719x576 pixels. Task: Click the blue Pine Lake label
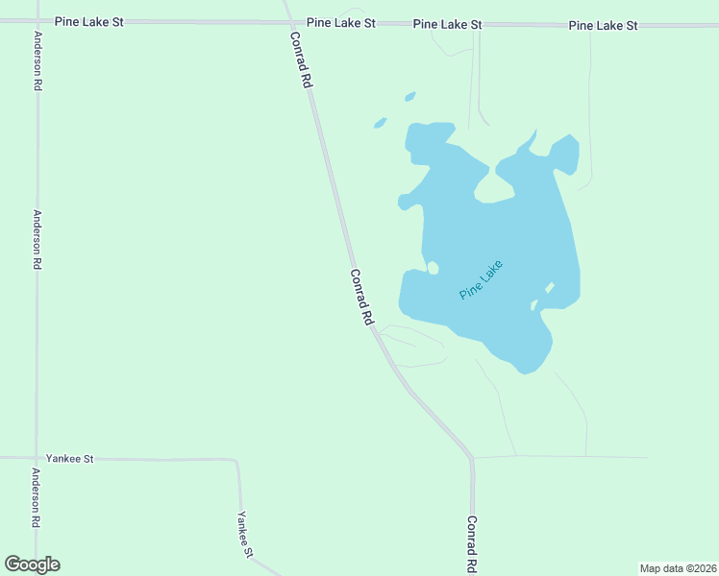[x=482, y=279]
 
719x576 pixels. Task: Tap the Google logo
[x=32, y=564]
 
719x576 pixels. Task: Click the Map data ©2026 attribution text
[x=678, y=568]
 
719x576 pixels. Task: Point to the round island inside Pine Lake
[x=433, y=268]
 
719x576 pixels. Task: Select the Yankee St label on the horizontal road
[x=69, y=459]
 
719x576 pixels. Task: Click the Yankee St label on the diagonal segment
[x=246, y=534]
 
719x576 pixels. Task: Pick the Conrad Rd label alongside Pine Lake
[x=360, y=298]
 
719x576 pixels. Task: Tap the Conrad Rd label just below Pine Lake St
[x=301, y=60]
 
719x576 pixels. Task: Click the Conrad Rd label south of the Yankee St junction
[x=472, y=544]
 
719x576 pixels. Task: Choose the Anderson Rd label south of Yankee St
[x=37, y=497]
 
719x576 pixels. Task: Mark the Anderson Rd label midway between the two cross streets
[x=37, y=239]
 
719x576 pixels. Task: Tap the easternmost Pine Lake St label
[x=603, y=25]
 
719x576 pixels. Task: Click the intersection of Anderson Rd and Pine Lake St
[x=37, y=21]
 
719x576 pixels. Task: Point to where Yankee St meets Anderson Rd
[x=37, y=459]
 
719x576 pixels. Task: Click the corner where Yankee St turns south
[x=236, y=462]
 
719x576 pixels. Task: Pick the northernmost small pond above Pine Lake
[x=410, y=96]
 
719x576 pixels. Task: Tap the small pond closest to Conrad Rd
[x=380, y=123]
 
